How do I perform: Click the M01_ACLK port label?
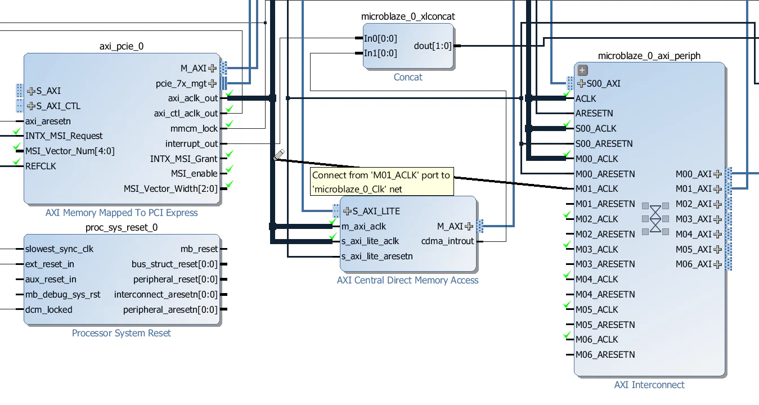point(596,189)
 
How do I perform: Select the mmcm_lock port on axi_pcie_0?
point(194,129)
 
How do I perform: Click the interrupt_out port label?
point(191,144)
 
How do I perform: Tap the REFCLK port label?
point(41,166)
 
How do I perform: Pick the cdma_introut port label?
point(448,241)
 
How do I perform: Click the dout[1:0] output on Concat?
point(433,46)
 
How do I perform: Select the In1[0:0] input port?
point(380,53)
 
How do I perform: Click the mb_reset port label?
point(199,249)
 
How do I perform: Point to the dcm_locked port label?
point(49,309)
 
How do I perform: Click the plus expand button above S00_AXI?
point(582,70)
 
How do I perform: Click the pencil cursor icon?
point(279,155)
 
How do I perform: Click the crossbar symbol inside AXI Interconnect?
point(655,219)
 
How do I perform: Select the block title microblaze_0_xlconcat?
point(408,17)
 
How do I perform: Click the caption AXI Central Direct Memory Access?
point(407,280)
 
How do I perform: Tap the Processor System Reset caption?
point(122,333)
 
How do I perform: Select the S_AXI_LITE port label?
point(376,211)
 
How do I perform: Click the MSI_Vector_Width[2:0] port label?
point(170,188)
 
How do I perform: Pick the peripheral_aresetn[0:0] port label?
point(170,309)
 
